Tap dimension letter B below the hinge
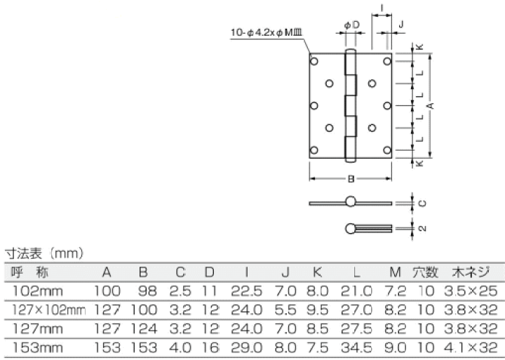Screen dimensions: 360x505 click(350, 179)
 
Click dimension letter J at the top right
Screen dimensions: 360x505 click(400, 25)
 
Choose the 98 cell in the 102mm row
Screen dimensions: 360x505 click(144, 290)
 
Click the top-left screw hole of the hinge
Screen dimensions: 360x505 click(314, 62)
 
